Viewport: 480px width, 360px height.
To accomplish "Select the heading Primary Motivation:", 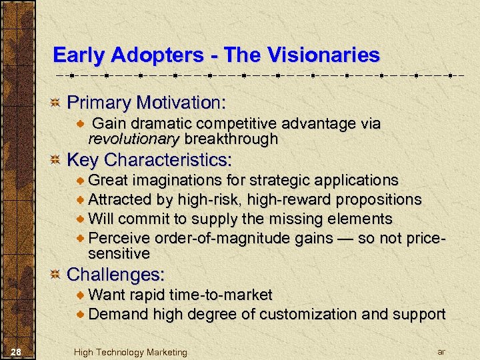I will pos(147,103).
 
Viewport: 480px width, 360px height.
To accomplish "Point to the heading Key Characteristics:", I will pos(150,160).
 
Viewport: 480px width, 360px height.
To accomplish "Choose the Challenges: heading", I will pos(116,274).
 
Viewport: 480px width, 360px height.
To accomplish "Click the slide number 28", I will pos(18,351).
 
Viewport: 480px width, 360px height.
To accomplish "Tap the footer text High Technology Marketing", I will pos(131,352).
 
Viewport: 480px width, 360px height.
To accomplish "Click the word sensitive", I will pos(119,254).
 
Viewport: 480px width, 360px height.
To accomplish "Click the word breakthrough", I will pos(231,139).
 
